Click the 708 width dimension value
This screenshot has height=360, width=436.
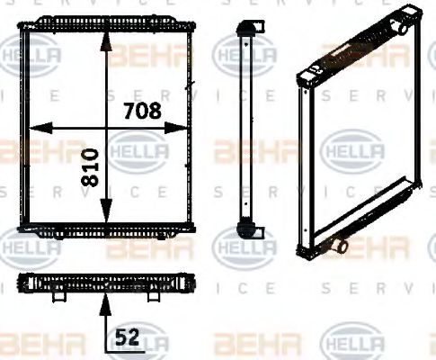[141, 112]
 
